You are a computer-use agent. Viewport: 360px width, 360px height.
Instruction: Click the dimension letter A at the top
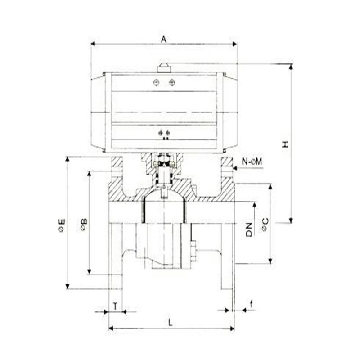point(164,39)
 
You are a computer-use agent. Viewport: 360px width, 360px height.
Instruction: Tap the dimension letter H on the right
point(285,144)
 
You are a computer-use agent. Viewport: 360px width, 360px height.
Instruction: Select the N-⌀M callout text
point(252,162)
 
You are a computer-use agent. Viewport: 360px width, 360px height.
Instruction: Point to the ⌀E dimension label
point(62,225)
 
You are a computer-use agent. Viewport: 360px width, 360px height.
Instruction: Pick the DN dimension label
point(249,229)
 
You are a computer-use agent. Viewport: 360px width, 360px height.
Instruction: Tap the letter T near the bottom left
point(116,306)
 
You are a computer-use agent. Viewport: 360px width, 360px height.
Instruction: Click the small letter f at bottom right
point(252,304)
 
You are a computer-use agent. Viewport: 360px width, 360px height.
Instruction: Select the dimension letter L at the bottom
point(170,323)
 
